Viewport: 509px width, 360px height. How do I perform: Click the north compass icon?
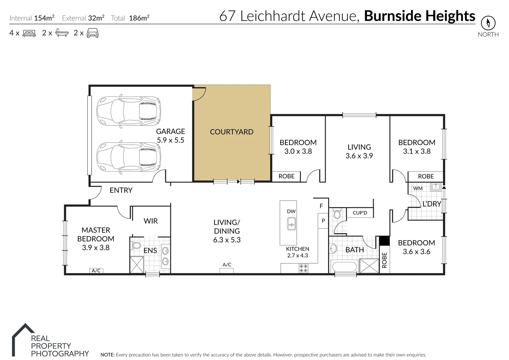click(488, 23)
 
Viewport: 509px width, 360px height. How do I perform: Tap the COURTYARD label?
click(231, 132)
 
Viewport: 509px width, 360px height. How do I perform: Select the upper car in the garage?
click(129, 108)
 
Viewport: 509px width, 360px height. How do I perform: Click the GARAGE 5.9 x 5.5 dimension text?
click(171, 140)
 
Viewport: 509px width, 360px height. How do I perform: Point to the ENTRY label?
click(121, 190)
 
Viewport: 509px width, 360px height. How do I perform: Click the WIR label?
click(150, 221)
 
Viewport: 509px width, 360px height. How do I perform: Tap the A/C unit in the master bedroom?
click(96, 271)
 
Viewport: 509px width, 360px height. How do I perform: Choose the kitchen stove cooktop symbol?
click(303, 268)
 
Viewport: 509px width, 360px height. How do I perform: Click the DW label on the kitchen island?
click(291, 211)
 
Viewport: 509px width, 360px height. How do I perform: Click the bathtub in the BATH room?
click(344, 267)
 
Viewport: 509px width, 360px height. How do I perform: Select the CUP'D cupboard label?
click(360, 213)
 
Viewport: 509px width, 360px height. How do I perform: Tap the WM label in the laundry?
click(418, 188)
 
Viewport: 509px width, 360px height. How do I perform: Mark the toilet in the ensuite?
click(136, 246)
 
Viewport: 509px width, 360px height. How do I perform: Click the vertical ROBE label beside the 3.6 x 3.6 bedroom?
click(384, 260)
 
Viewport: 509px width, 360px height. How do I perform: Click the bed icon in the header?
click(29, 33)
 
